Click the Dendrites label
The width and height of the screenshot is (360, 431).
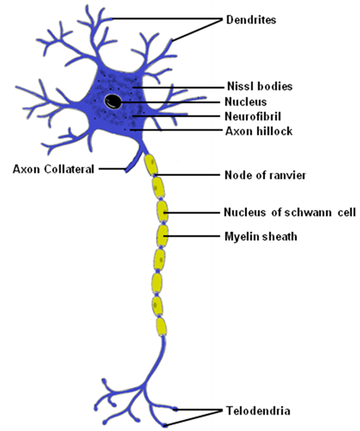pos(251,20)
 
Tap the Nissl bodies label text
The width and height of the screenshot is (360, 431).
pos(259,86)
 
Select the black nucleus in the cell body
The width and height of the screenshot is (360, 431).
pos(113,102)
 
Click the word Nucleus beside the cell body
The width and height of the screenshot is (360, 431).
pos(246,102)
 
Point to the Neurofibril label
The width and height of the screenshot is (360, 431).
pos(253,117)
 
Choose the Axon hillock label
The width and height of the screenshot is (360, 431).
pos(259,132)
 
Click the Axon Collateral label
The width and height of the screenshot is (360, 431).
pos(53,169)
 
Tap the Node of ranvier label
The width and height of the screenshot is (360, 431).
pos(265,175)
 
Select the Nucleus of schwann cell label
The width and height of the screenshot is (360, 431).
pos(290,213)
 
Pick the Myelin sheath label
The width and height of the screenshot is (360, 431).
pos(261,237)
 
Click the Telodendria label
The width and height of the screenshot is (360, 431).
pos(258,411)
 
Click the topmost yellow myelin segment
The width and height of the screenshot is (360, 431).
pos(151,165)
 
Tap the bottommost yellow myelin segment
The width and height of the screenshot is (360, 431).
pos(162,327)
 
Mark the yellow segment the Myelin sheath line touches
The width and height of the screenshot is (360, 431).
pos(162,236)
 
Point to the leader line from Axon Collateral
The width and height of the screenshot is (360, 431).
pos(112,169)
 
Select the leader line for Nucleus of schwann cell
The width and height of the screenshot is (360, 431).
pos(192,213)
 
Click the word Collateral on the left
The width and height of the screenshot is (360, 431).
pos(69,169)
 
